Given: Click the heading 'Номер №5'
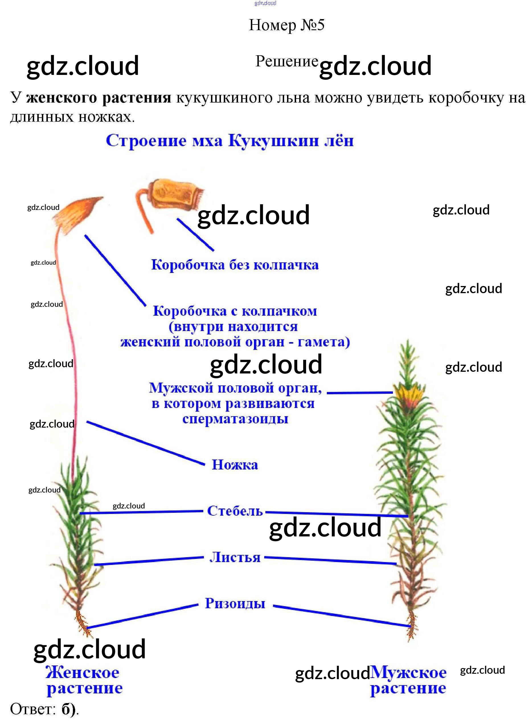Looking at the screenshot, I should (x=286, y=25).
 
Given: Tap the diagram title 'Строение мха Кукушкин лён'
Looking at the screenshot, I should (x=229, y=140).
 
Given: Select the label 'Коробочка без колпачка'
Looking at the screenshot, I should (x=235, y=265).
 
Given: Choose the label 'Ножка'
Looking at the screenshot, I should (x=235, y=465).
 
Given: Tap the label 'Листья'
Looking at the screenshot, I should (x=235, y=557).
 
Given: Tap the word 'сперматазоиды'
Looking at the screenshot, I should (x=235, y=419).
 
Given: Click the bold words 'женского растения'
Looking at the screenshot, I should (x=99, y=97).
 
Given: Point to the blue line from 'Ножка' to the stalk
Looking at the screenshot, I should (x=145, y=443).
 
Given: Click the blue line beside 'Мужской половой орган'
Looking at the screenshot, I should (x=359, y=393).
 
